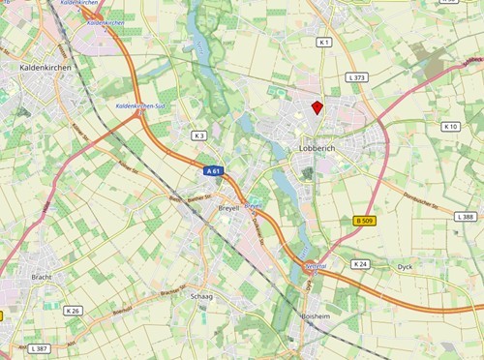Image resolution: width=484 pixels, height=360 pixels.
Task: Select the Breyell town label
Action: click(228, 208)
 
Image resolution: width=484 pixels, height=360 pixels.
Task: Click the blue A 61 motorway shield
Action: click(215, 170)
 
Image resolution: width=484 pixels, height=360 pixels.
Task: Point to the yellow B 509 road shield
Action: click(364, 222)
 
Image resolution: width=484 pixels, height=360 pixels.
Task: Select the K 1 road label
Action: click(324, 43)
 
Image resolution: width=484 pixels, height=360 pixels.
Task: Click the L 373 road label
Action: click(357, 77)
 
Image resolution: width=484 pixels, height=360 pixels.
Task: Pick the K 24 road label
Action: click(361, 263)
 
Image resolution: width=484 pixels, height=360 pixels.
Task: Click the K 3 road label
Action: click(199, 135)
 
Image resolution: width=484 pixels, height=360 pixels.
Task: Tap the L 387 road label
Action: click(39, 347)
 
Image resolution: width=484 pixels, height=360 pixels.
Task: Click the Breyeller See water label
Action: click(255, 206)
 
